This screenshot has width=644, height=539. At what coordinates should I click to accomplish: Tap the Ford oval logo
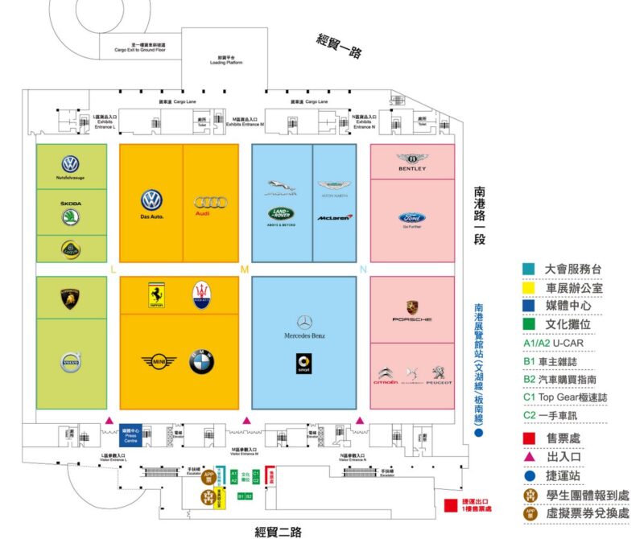coord(411,217)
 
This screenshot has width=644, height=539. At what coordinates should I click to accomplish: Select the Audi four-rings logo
coord(211,202)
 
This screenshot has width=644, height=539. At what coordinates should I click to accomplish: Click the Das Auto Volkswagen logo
coord(151,200)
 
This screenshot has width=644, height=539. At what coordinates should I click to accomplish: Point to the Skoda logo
coord(71,217)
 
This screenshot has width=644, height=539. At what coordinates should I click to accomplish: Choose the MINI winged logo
coord(159,362)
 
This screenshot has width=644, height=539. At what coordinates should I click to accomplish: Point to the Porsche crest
coord(412,307)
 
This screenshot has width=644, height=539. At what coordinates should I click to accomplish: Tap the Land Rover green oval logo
coord(283,214)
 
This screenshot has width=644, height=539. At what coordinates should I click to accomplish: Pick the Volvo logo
coord(72,364)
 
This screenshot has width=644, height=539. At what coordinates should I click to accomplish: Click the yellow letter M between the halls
coord(245,269)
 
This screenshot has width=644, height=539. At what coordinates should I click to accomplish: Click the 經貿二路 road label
coord(278,530)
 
